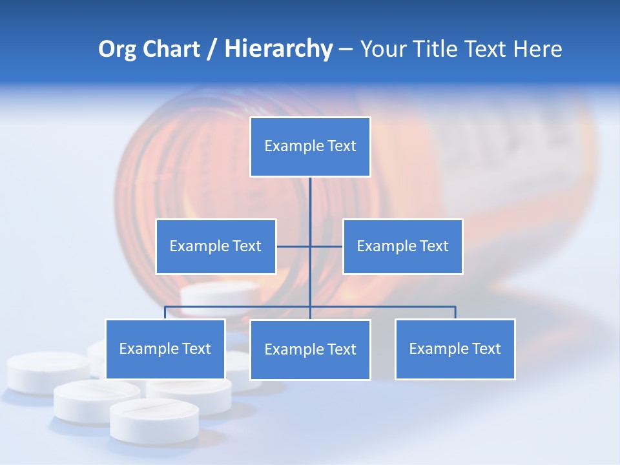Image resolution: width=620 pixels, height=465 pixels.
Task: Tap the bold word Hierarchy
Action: [278, 49]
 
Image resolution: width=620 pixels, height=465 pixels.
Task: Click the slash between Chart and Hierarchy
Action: [211, 50]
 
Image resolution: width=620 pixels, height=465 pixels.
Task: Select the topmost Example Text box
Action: [310, 147]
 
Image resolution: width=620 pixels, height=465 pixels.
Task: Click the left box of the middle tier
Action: [216, 246]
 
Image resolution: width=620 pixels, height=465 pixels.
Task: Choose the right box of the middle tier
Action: [402, 246]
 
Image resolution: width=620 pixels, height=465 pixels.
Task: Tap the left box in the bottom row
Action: [165, 349]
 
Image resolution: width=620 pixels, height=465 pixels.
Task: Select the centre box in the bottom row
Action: [310, 349]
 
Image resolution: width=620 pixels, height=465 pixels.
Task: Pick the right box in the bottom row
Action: [455, 349]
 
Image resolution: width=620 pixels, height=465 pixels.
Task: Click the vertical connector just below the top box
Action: [310, 197]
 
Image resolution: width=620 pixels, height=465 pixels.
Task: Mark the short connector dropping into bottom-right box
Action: [455, 313]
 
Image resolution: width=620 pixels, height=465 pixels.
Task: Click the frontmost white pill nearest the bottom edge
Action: [145, 420]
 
